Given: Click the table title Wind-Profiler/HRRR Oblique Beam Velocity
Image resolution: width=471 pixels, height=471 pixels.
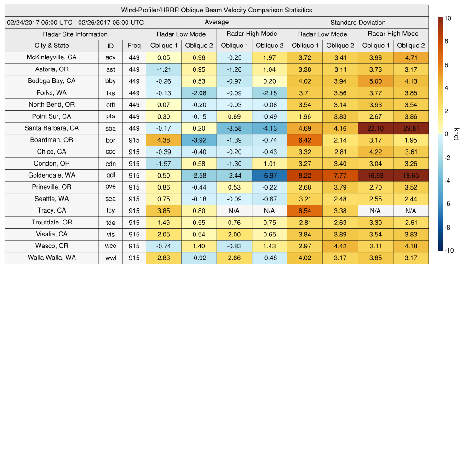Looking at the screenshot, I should click(x=217, y=10).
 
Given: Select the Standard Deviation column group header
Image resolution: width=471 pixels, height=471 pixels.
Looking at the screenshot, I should click(x=358, y=23).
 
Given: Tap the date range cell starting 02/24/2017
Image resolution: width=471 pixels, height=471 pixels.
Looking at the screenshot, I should click(x=75, y=23).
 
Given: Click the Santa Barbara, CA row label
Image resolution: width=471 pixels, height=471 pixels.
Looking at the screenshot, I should click(x=52, y=128).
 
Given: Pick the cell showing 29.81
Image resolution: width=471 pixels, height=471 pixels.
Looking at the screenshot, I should click(x=411, y=129).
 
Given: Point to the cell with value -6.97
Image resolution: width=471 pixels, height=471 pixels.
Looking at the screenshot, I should click(x=270, y=176).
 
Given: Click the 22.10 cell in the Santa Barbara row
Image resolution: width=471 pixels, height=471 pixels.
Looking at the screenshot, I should click(x=375, y=129).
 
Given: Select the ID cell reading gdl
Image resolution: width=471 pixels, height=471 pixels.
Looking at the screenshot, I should click(x=110, y=176).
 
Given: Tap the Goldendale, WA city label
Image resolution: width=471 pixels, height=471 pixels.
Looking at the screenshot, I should click(x=52, y=175).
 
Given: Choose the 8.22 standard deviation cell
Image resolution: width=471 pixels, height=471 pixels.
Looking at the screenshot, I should click(x=304, y=176).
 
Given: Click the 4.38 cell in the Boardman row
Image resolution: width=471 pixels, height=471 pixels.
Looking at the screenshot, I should click(x=163, y=140).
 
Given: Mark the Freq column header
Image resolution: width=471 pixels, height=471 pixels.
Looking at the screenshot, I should click(x=134, y=46).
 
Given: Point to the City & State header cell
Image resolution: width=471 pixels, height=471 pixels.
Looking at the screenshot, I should click(x=52, y=46).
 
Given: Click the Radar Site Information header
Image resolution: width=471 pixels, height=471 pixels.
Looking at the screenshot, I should click(x=75, y=34).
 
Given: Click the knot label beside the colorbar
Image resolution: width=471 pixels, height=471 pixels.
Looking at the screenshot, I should click(x=457, y=134).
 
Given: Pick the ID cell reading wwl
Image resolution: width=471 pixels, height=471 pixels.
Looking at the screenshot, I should click(x=110, y=258).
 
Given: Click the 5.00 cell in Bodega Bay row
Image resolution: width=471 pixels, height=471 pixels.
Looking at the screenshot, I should click(x=375, y=81).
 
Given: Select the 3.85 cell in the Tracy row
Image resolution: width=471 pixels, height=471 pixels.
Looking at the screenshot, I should click(x=163, y=211).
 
